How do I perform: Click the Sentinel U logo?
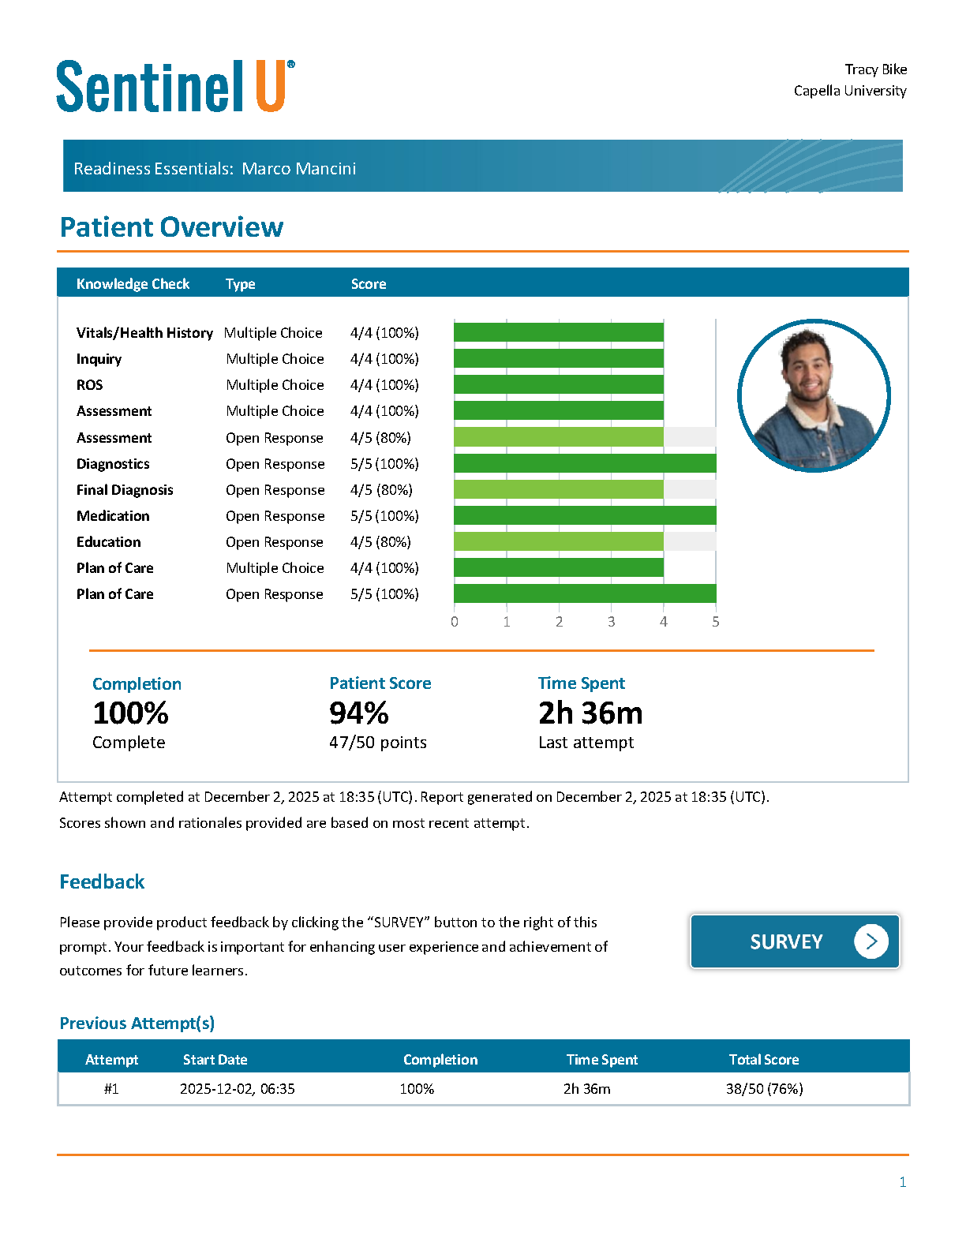pyautogui.click(x=175, y=86)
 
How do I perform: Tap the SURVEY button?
pyautogui.click(x=795, y=941)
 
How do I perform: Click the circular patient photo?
pyautogui.click(x=814, y=396)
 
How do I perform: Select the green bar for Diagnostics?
pyautogui.click(x=585, y=464)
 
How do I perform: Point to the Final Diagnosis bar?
pyautogui.click(x=559, y=489)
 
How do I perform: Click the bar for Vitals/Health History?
pyautogui.click(x=559, y=332)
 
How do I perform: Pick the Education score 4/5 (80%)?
pyautogui.click(x=380, y=542)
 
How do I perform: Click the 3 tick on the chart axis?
pyautogui.click(x=611, y=621)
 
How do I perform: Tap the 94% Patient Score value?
pyautogui.click(x=359, y=713)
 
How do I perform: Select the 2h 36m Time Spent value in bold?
pyautogui.click(x=590, y=713)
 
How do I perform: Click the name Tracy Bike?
pyautogui.click(x=876, y=69)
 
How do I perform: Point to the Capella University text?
pyautogui.click(x=850, y=91)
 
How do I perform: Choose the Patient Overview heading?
pyautogui.click(x=171, y=226)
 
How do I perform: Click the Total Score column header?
pyautogui.click(x=764, y=1059)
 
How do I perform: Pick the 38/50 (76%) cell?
pyautogui.click(x=764, y=1088)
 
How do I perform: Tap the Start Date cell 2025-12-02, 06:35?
pyautogui.click(x=237, y=1088)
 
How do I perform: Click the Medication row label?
pyautogui.click(x=113, y=516)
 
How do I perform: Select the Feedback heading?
pyautogui.click(x=102, y=881)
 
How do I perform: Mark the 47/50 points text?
pyautogui.click(x=378, y=742)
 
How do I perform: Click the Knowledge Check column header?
pyautogui.click(x=133, y=283)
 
